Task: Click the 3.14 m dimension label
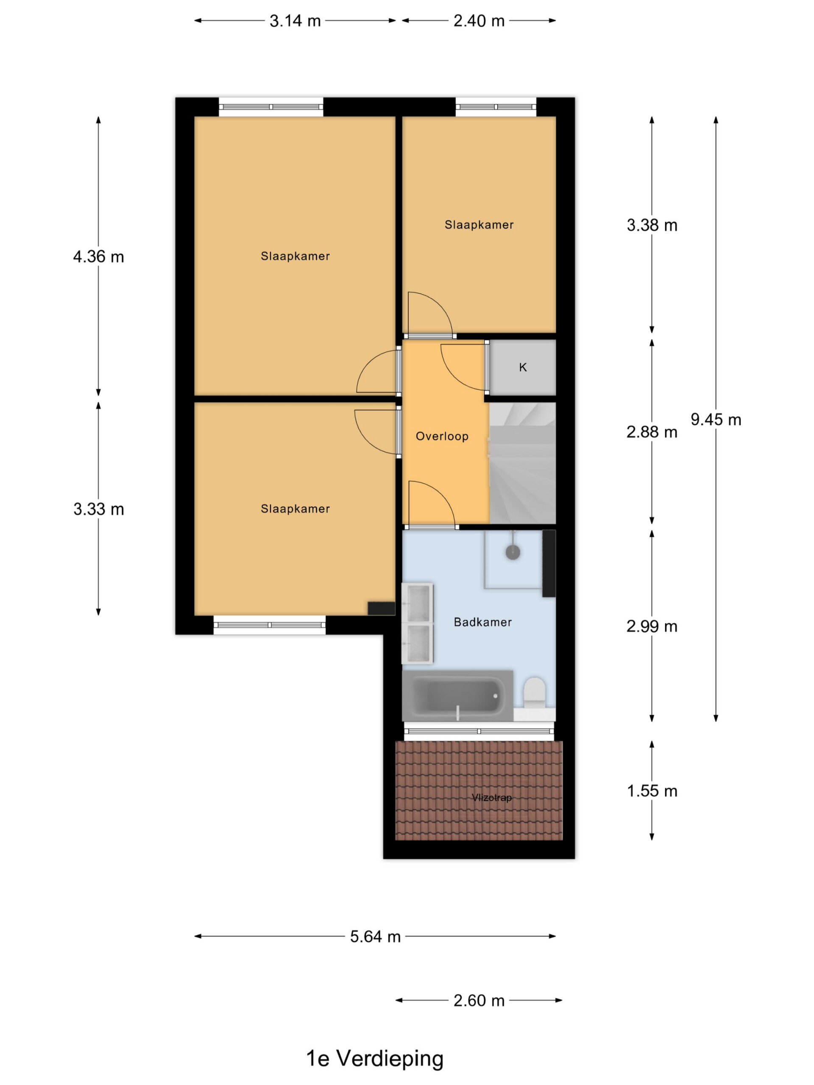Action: (295, 21)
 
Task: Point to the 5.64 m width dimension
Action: (375, 936)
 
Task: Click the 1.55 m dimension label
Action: (652, 791)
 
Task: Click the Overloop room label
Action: (442, 436)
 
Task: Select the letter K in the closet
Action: (523, 367)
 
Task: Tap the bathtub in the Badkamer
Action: (457, 696)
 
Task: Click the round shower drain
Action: (512, 552)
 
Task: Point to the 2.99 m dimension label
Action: (652, 626)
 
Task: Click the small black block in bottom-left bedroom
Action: (381, 608)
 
